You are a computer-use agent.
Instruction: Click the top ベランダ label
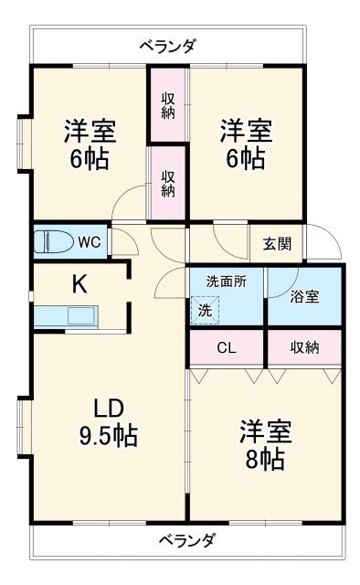[167, 46]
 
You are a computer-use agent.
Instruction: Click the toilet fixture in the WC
[53, 241]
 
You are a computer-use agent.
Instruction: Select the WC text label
[89, 242]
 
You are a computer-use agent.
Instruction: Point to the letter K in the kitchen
[79, 283]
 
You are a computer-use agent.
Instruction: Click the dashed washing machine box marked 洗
[206, 310]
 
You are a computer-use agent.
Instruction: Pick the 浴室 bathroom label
[305, 297]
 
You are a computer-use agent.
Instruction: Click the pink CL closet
[226, 346]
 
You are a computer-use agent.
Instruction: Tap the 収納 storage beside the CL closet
[305, 346]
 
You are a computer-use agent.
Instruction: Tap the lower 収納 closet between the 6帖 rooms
[169, 183]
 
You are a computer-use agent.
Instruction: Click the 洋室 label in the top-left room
[89, 131]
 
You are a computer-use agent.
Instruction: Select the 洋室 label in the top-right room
[245, 131]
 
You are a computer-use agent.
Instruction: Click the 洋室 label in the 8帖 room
[266, 429]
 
